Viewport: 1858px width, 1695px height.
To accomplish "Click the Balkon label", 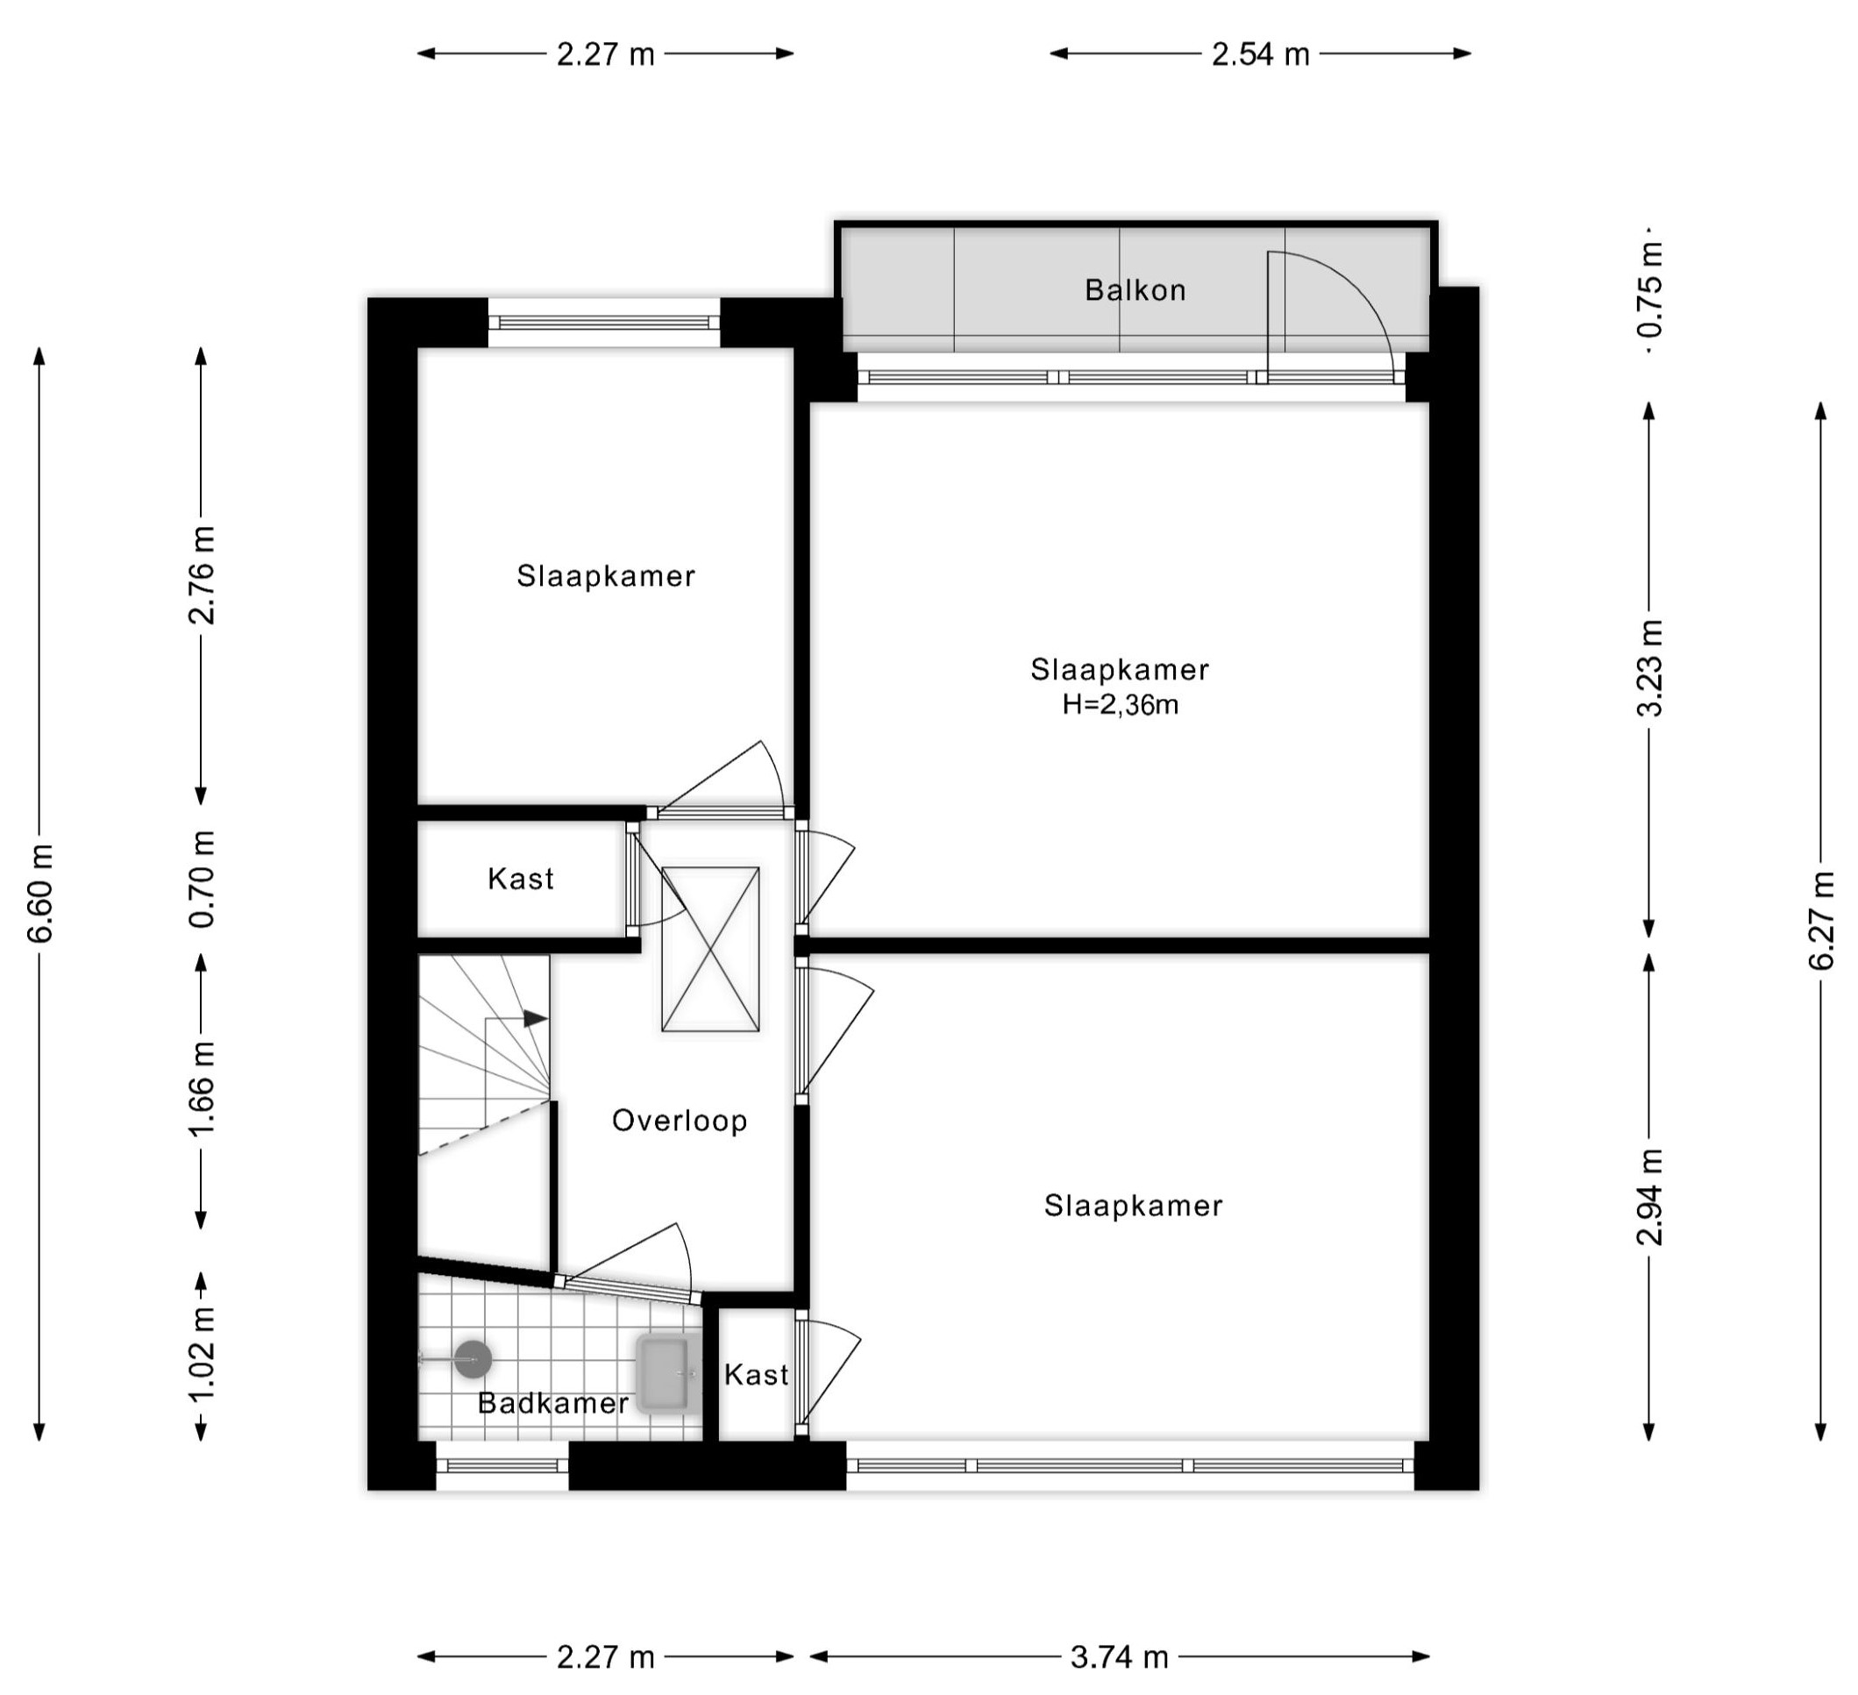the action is pyautogui.click(x=1135, y=290).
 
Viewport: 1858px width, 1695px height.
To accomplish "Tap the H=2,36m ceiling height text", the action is pyautogui.click(x=1120, y=705).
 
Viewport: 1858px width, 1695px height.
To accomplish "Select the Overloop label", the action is pyautogui.click(x=680, y=1121).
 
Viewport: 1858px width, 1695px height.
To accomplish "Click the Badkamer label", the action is pyautogui.click(x=553, y=1403).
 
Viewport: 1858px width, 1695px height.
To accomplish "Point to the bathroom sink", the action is pyautogui.click(x=664, y=1374).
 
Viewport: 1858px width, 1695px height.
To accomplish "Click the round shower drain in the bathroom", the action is pyautogui.click(x=473, y=1358).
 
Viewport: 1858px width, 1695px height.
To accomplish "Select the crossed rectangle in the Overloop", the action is pyautogui.click(x=710, y=950).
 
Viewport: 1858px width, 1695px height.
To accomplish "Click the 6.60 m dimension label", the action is pyautogui.click(x=41, y=892).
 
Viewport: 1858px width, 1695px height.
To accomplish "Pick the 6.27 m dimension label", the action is pyautogui.click(x=1821, y=919).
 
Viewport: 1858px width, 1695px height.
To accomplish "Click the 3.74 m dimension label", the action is pyautogui.click(x=1119, y=1657).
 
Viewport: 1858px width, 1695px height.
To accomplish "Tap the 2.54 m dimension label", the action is pyautogui.click(x=1260, y=54).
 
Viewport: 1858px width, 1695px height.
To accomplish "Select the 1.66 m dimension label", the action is pyautogui.click(x=203, y=1088).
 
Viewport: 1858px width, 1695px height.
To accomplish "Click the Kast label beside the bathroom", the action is pyautogui.click(x=756, y=1375).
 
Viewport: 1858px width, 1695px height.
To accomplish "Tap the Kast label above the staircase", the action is pyautogui.click(x=521, y=879).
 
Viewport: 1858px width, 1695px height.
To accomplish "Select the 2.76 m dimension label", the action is pyautogui.click(x=203, y=575).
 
